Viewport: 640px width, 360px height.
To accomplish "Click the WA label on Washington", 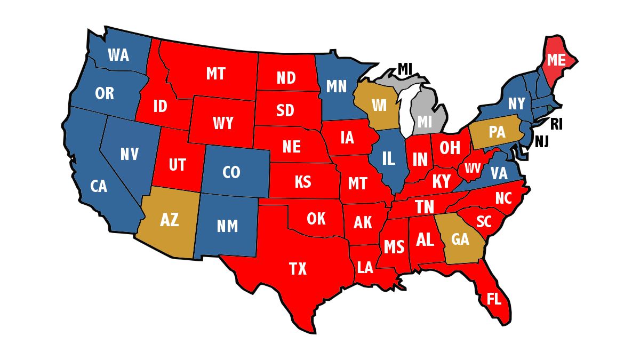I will pos(118,55).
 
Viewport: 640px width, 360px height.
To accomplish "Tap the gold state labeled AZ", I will pos(169,219).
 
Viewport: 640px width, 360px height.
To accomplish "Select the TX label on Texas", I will pos(298,269).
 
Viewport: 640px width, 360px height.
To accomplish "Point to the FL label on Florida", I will pos(494,299).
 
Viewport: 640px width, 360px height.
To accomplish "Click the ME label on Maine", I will pos(556,60).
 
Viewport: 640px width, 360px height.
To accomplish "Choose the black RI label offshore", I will pos(556,125).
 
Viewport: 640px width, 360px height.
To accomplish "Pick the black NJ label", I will pos(543,142).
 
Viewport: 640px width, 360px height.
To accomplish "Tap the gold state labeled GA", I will pos(460,239).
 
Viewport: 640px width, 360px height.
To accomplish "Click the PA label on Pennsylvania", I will pos(497,132).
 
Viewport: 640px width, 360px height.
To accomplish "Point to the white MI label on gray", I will pos(425,122).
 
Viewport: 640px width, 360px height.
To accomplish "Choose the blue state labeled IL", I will pos(389,158).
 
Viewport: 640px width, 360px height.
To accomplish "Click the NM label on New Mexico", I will pos(227,227).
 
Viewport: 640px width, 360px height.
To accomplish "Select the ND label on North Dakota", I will pos(286,78).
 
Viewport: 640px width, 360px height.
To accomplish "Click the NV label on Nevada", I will pos(129,155).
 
